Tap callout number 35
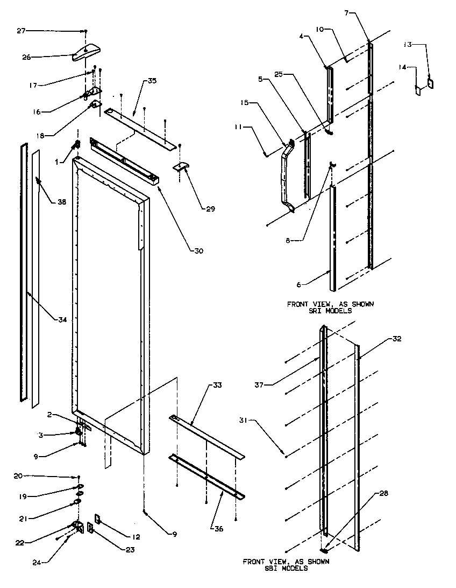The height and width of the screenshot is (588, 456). pyautogui.click(x=152, y=81)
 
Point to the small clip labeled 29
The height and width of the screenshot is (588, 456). pyautogui.click(x=183, y=169)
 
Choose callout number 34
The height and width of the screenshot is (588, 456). pyautogui.click(x=62, y=320)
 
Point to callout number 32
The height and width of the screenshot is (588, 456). pyautogui.click(x=397, y=339)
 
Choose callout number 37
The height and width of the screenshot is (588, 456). pyautogui.click(x=260, y=383)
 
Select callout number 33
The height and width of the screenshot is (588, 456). pyautogui.click(x=217, y=386)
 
